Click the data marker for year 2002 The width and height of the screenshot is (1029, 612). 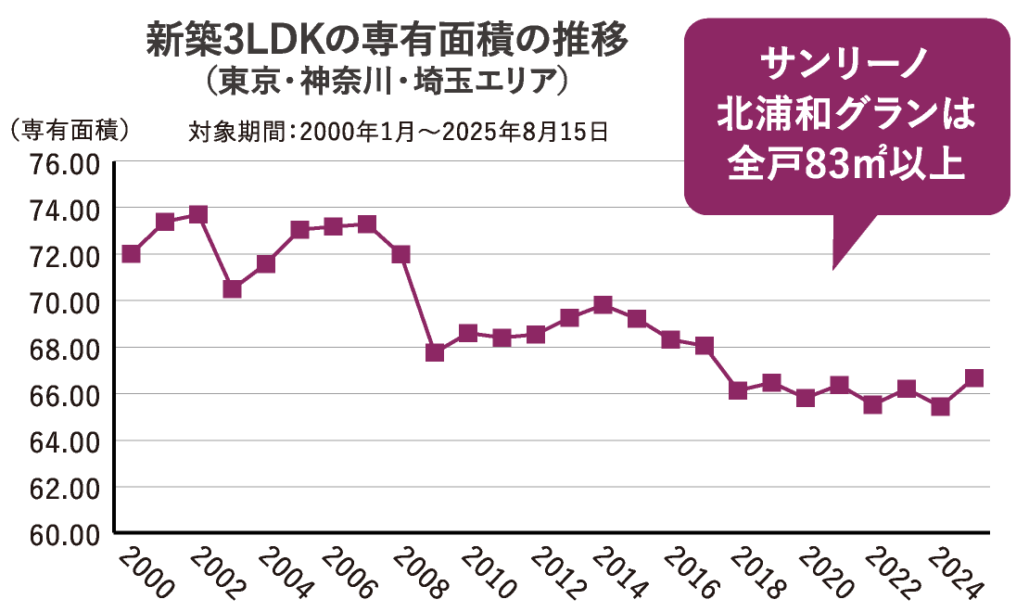pyautogui.click(x=198, y=215)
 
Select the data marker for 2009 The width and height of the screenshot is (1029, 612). pyautogui.click(x=435, y=352)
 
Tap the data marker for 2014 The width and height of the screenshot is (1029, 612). pyautogui.click(x=603, y=305)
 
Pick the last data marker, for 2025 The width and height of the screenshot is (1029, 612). pyautogui.click(x=973, y=377)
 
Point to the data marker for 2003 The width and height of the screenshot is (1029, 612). pyautogui.click(x=233, y=289)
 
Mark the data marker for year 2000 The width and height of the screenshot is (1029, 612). pyautogui.click(x=131, y=254)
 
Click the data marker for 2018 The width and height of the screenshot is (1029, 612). pyautogui.click(x=738, y=390)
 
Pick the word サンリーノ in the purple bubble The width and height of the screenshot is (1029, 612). pyautogui.click(x=845, y=66)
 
